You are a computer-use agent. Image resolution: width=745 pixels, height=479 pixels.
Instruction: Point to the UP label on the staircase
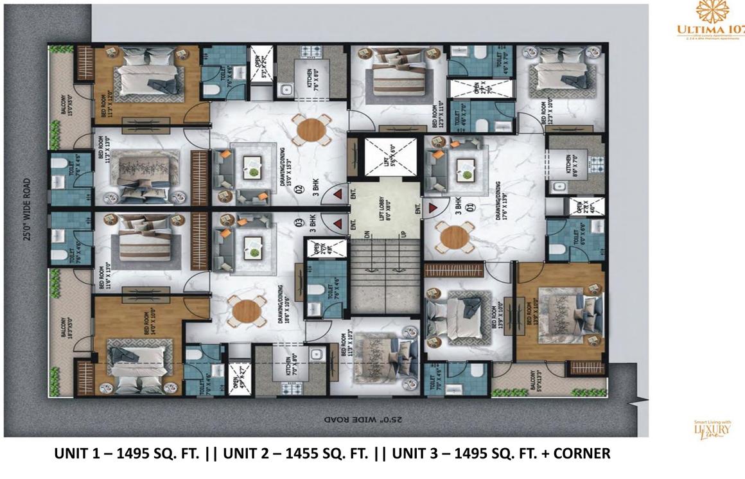(404, 236)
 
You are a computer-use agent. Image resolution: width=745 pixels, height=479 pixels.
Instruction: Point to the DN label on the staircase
(367, 236)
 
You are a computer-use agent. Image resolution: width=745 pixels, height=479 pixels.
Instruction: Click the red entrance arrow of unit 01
(433, 207)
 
